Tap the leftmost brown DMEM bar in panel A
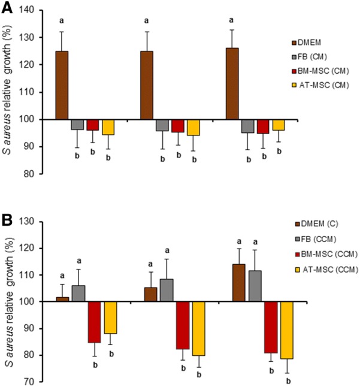(62, 85)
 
